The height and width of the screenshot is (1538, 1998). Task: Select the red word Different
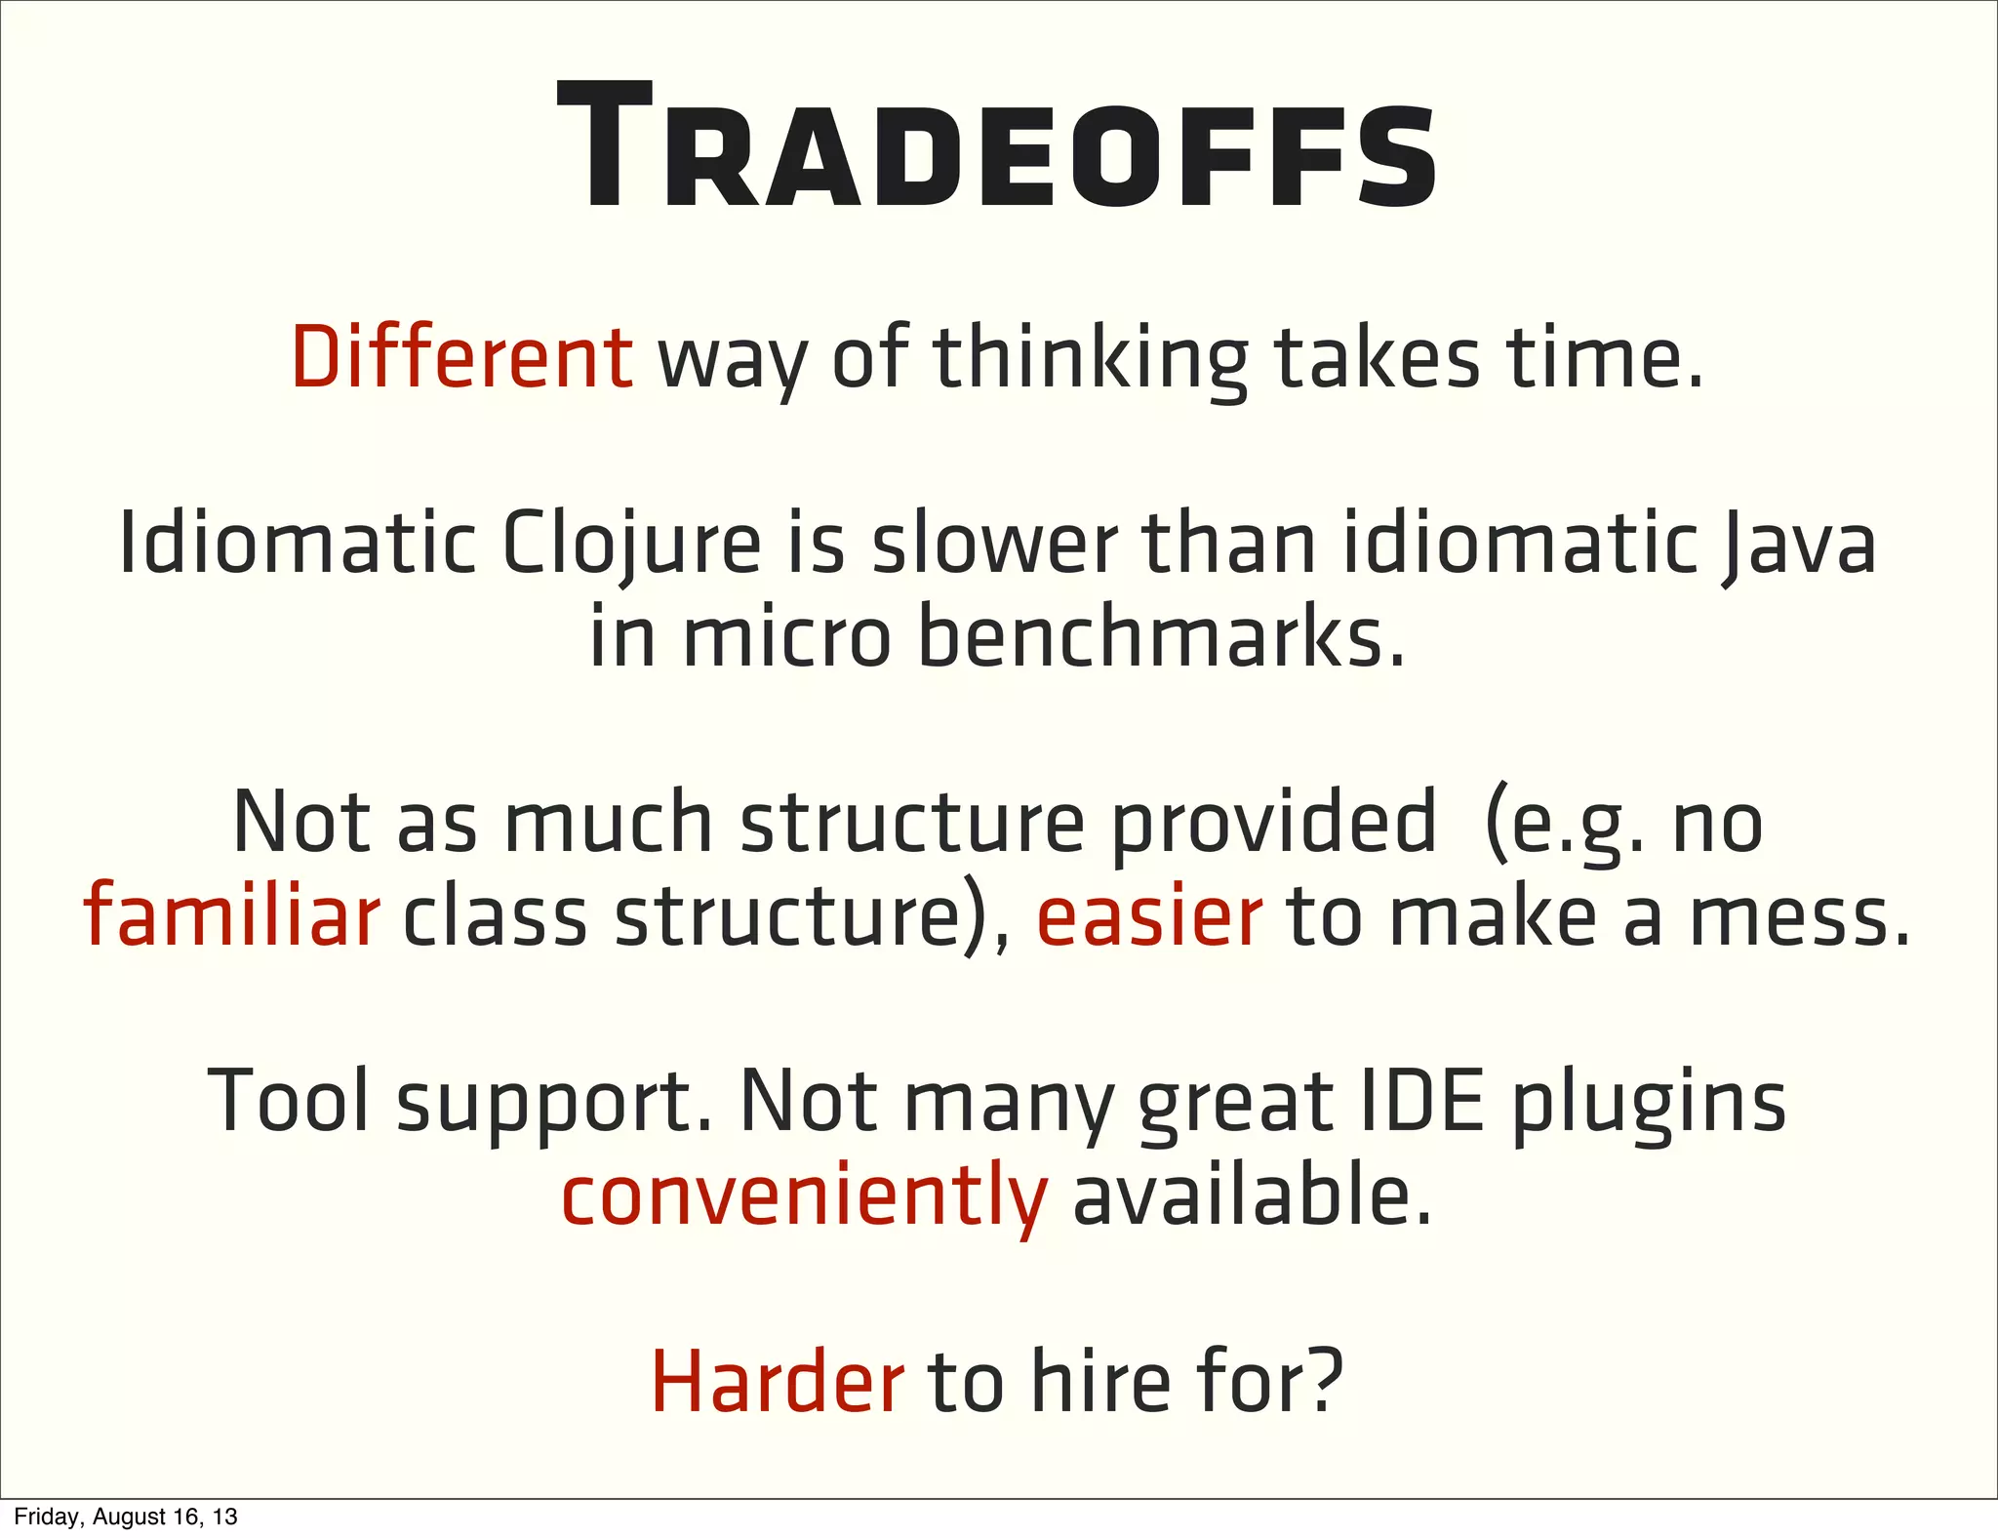461,358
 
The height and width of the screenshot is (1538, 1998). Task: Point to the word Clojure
630,545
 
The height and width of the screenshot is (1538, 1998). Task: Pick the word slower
994,545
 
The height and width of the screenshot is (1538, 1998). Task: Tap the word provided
1274,823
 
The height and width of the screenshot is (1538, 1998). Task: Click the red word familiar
231,915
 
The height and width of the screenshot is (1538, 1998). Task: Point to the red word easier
1149,915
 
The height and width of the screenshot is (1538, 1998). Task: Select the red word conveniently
804,1196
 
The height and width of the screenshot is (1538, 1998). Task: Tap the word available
1253,1194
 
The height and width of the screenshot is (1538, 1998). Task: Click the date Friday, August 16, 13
126,1517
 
